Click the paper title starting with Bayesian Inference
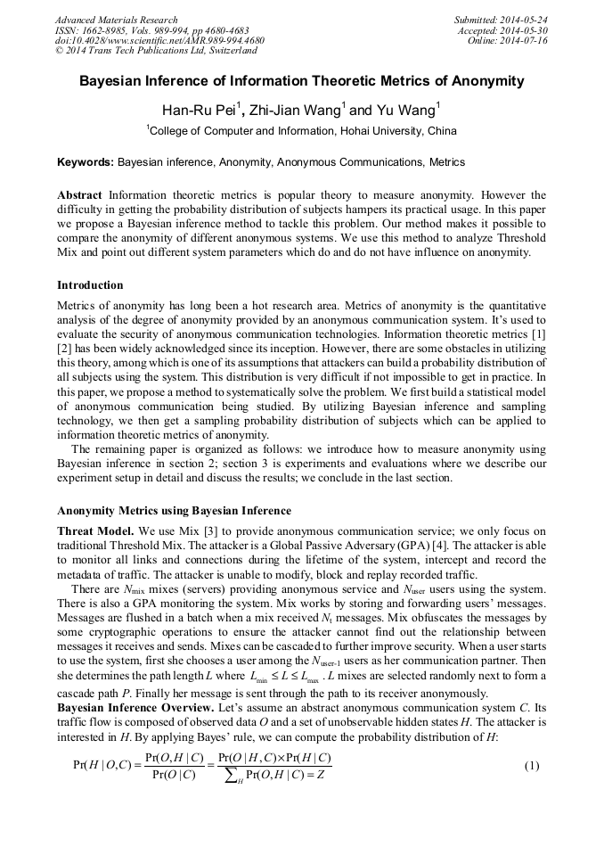click(302, 81)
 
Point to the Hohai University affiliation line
click(302, 131)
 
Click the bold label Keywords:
click(86, 163)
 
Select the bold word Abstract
click(80, 194)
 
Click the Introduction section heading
click(90, 285)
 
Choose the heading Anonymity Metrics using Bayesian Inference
click(174, 511)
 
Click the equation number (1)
click(532, 767)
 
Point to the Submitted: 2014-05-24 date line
click(501, 20)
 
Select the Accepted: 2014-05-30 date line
click(503, 30)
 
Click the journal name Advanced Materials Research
click(116, 20)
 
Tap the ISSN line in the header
click(151, 30)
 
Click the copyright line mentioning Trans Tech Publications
click(156, 51)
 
